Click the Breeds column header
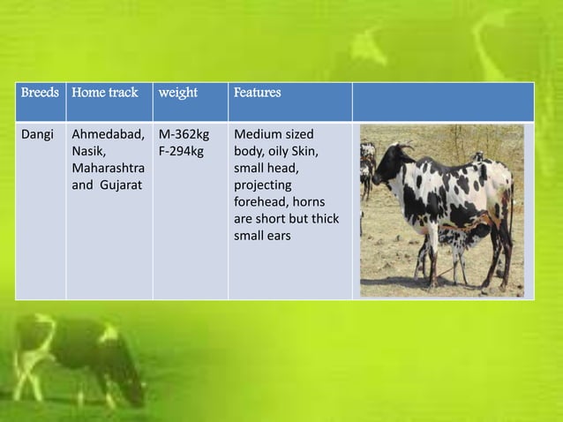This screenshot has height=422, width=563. (x=40, y=93)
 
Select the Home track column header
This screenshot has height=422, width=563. (x=104, y=93)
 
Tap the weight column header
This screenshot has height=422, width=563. (x=178, y=93)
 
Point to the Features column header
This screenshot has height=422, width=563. (x=257, y=93)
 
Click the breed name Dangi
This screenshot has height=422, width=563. (x=38, y=135)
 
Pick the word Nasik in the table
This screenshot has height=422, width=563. (x=87, y=152)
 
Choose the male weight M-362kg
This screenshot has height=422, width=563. (x=184, y=135)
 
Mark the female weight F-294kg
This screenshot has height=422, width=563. (x=181, y=152)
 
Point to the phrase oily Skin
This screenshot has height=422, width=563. (x=292, y=152)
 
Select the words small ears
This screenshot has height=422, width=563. (x=262, y=236)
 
